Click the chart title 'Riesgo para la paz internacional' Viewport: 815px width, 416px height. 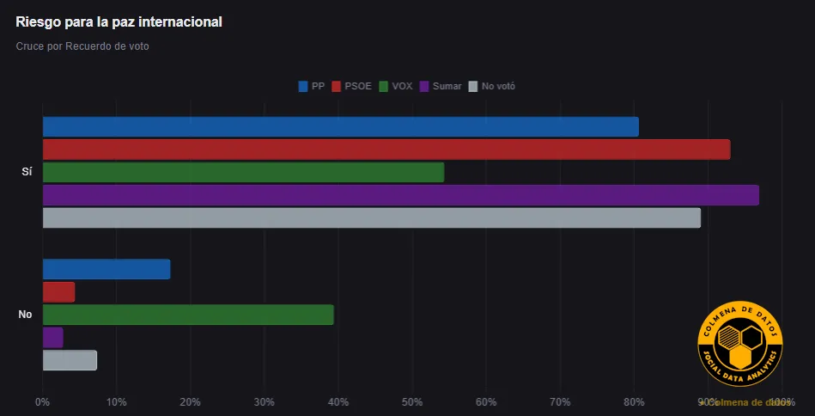[x=119, y=21]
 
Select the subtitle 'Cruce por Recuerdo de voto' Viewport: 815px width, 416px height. [x=82, y=46]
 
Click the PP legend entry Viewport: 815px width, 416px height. [x=311, y=86]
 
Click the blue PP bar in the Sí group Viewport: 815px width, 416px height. [x=340, y=126]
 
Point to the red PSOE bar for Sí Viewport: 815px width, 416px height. [x=386, y=150]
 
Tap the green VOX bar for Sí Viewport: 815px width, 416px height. [x=243, y=172]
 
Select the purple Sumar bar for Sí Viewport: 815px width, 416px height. [x=400, y=195]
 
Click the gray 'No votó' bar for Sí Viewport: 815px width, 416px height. [x=371, y=217]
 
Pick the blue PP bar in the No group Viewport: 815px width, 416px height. [x=106, y=269]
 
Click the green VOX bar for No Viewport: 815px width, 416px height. [x=188, y=315]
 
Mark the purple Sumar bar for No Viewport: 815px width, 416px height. [x=52, y=337]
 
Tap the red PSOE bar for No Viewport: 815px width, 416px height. [x=58, y=292]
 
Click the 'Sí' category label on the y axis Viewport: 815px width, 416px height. [x=26, y=172]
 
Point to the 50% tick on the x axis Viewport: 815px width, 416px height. [x=412, y=401]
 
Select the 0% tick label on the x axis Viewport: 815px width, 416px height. [x=43, y=401]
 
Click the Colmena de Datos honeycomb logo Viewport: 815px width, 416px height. [x=740, y=345]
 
